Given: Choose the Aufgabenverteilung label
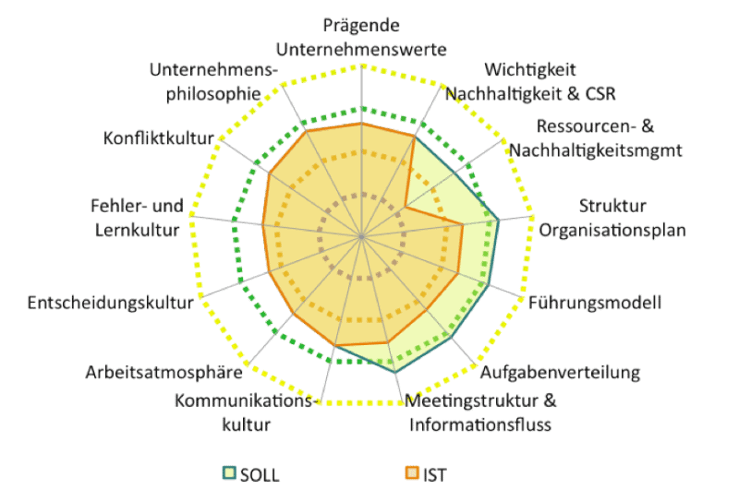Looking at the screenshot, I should [560, 373].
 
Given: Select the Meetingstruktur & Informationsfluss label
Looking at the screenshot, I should [480, 413].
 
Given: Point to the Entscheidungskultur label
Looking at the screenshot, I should [110, 303].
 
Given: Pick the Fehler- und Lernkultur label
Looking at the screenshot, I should [137, 218].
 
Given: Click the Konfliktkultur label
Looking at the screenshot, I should [159, 138].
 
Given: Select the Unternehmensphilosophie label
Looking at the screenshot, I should [212, 81].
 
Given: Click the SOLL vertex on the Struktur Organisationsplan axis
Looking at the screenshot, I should [499, 220].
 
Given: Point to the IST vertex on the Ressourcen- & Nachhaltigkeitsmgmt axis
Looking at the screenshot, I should [406, 207].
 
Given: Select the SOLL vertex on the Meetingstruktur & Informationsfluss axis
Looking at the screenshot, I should [396, 372].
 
